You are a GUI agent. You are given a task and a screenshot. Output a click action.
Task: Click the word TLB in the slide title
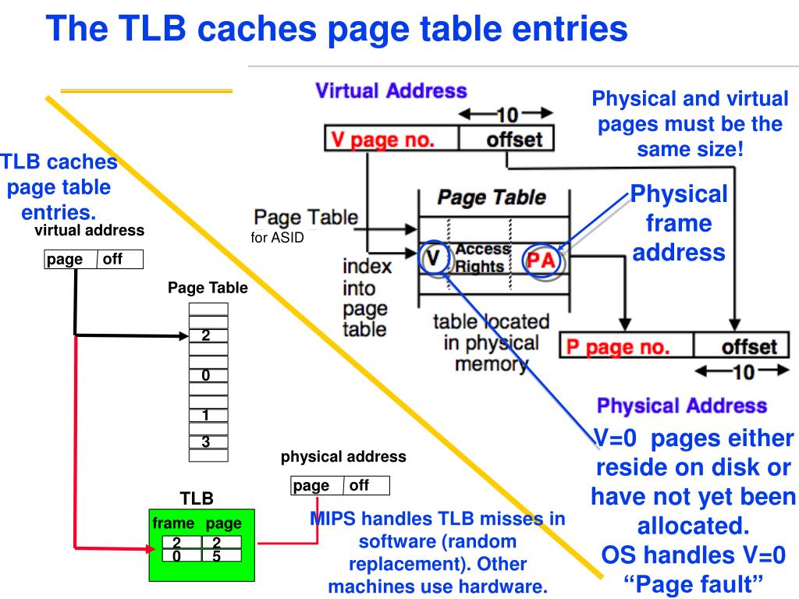coord(151,29)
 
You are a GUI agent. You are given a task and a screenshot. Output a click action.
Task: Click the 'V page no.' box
coord(391,140)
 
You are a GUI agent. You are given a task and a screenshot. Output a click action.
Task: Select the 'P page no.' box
coord(627,346)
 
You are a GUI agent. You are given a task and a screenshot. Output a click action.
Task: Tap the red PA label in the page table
coord(541,260)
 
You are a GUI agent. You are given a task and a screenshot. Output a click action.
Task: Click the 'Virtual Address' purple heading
coord(391,90)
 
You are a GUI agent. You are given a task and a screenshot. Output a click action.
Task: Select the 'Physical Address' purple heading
coord(681,406)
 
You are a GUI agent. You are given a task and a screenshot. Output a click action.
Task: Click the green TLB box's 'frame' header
coord(173,523)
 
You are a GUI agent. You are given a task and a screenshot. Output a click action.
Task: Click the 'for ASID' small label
coord(277,239)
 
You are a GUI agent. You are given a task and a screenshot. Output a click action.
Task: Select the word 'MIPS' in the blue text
coord(334,519)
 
